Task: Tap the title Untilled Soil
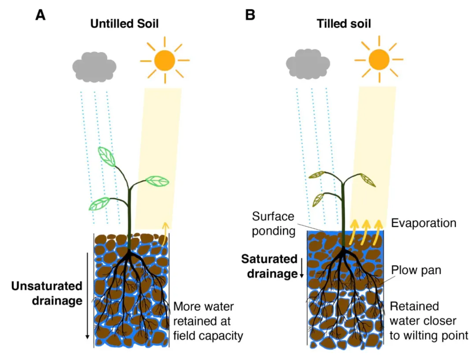(x=124, y=24)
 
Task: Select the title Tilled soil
(x=344, y=24)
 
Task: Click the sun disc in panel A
(x=164, y=60)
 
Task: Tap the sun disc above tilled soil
(x=379, y=60)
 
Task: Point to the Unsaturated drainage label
(x=47, y=293)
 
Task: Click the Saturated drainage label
(x=269, y=266)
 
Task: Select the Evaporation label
(x=424, y=223)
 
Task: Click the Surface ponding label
(x=273, y=224)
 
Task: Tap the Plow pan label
(x=416, y=270)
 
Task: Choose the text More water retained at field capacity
(x=208, y=321)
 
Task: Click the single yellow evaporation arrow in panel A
(x=165, y=233)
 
